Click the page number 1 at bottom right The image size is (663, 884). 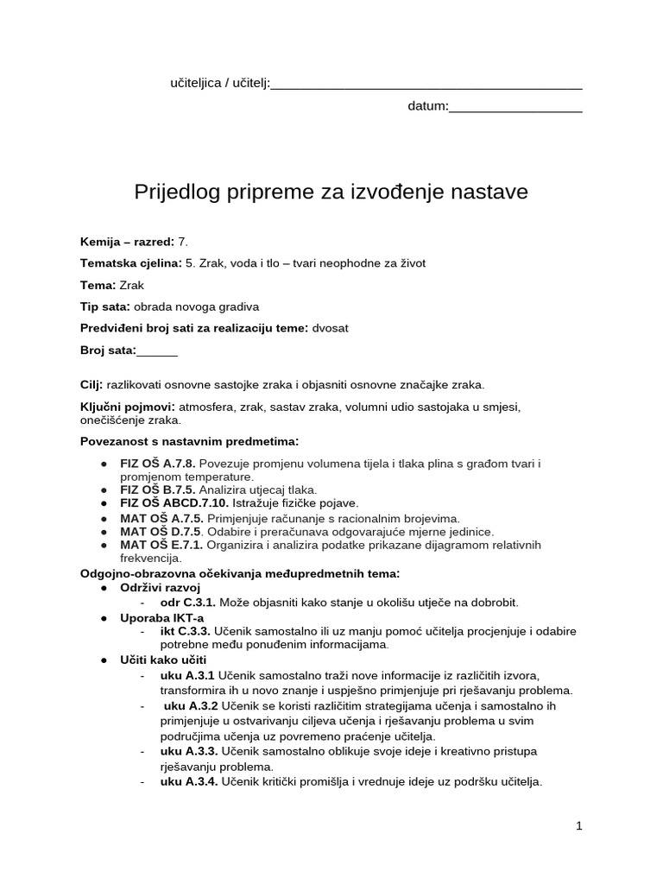[x=579, y=826]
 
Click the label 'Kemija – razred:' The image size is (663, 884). [x=127, y=241]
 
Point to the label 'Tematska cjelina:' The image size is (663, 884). [x=131, y=263]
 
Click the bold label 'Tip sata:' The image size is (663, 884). [x=105, y=306]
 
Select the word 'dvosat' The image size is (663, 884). [x=331, y=328]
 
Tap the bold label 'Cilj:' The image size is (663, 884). [x=92, y=384]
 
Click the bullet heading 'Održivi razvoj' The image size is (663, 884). [x=160, y=587]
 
